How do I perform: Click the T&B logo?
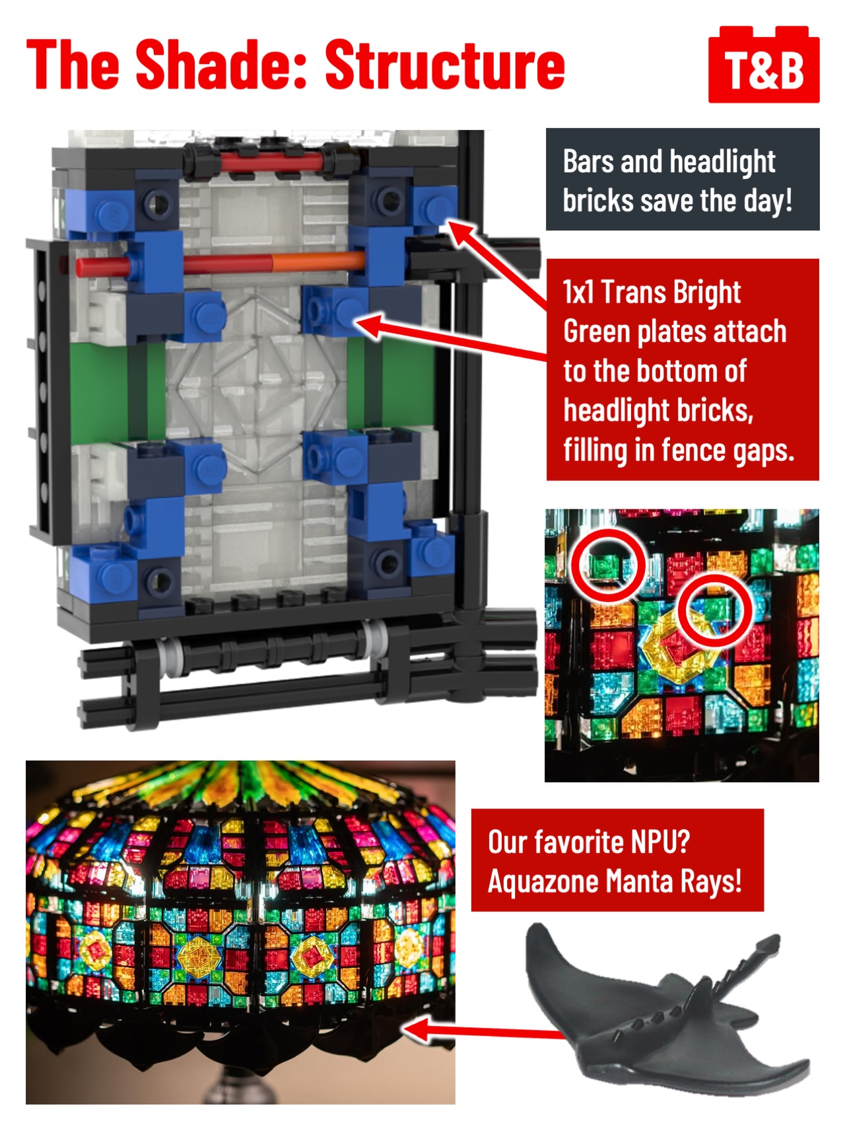point(764,65)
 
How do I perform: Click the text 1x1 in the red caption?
point(578,292)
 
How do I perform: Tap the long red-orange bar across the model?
point(221,264)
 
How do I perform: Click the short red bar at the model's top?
point(271,163)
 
